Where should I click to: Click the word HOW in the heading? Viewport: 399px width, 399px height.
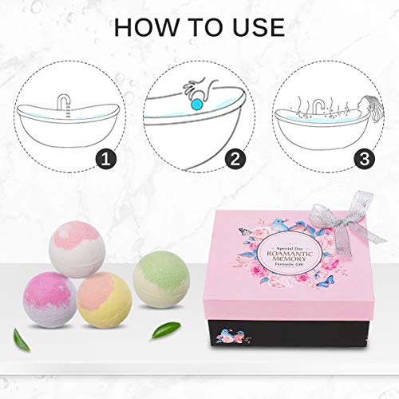click(x=148, y=26)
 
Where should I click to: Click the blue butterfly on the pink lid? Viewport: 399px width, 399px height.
click(x=329, y=282)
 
